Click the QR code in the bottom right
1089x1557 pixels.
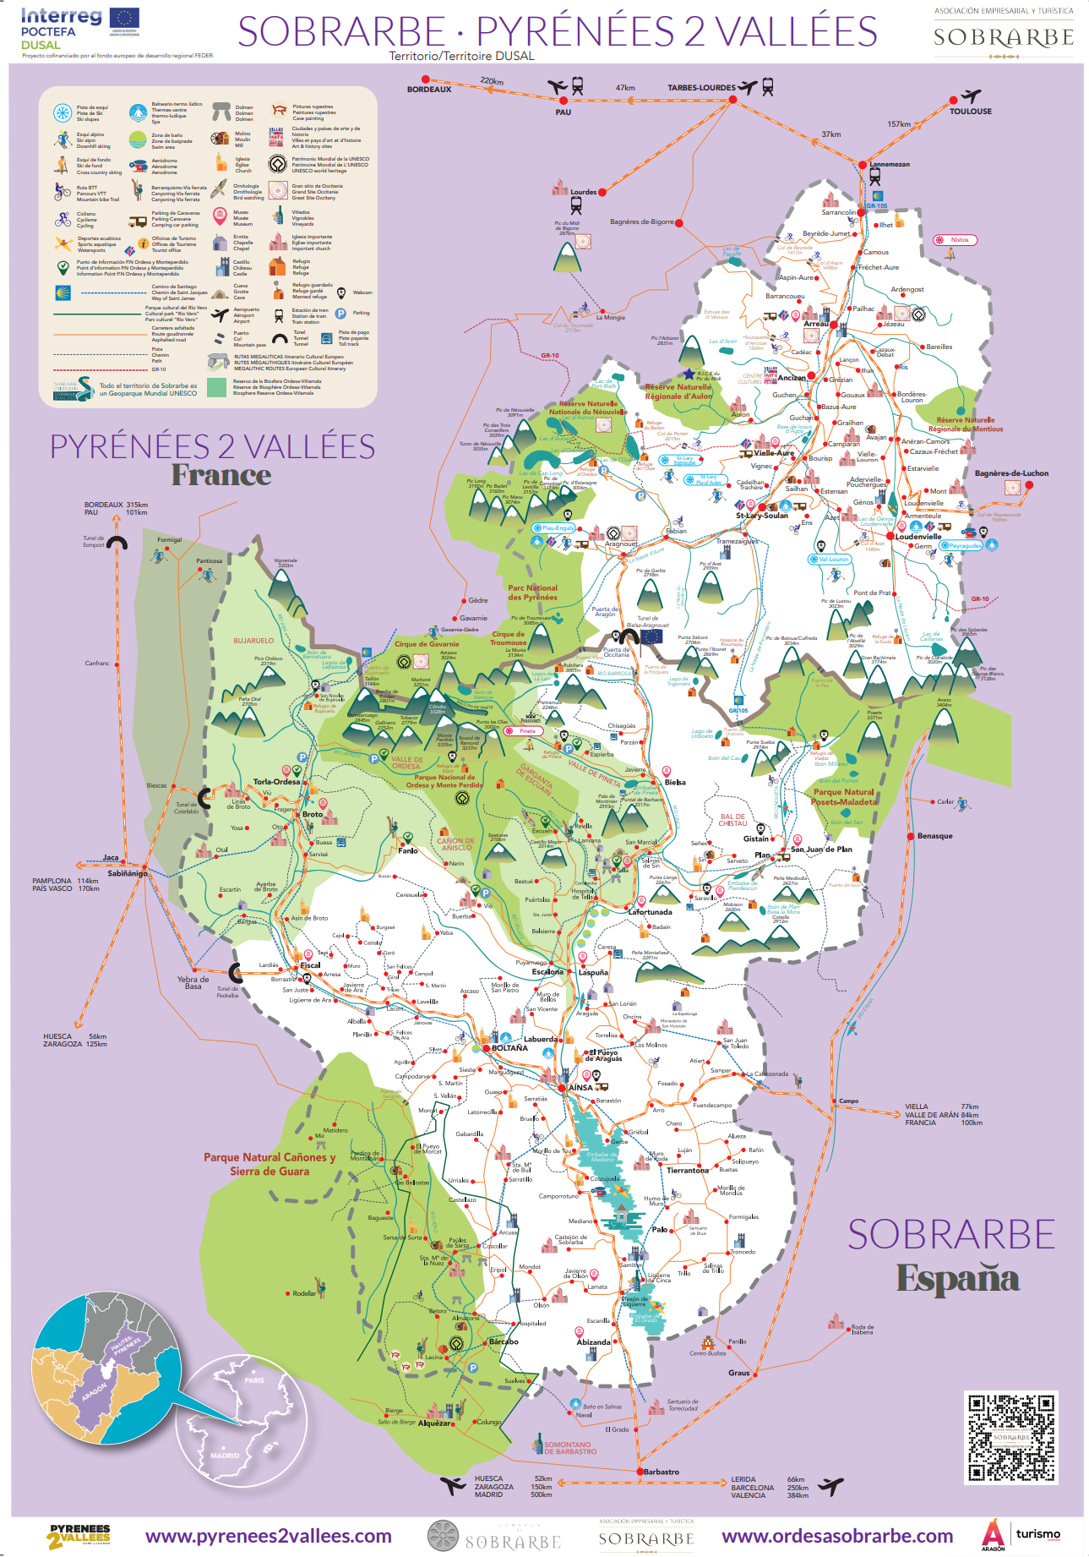1010,1437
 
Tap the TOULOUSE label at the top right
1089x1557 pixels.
970,112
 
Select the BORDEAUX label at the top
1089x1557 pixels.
429,90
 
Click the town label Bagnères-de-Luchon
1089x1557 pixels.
1011,473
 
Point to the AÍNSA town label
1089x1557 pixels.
580,1088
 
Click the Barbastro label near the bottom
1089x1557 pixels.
661,1472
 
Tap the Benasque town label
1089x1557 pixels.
934,836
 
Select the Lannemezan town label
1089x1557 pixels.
890,165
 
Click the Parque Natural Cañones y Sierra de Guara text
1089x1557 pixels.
270,1164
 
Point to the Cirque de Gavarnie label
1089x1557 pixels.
427,644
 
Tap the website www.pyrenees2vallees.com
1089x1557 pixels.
268,1536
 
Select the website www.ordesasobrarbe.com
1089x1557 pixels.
836,1536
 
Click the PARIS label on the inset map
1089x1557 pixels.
254,1380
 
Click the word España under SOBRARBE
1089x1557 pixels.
957,1279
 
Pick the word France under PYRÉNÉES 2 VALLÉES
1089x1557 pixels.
221,476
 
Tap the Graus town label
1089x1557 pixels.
738,1373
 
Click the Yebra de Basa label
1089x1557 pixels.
193,983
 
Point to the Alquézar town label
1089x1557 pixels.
434,1423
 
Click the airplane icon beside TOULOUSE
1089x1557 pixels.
972,96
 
